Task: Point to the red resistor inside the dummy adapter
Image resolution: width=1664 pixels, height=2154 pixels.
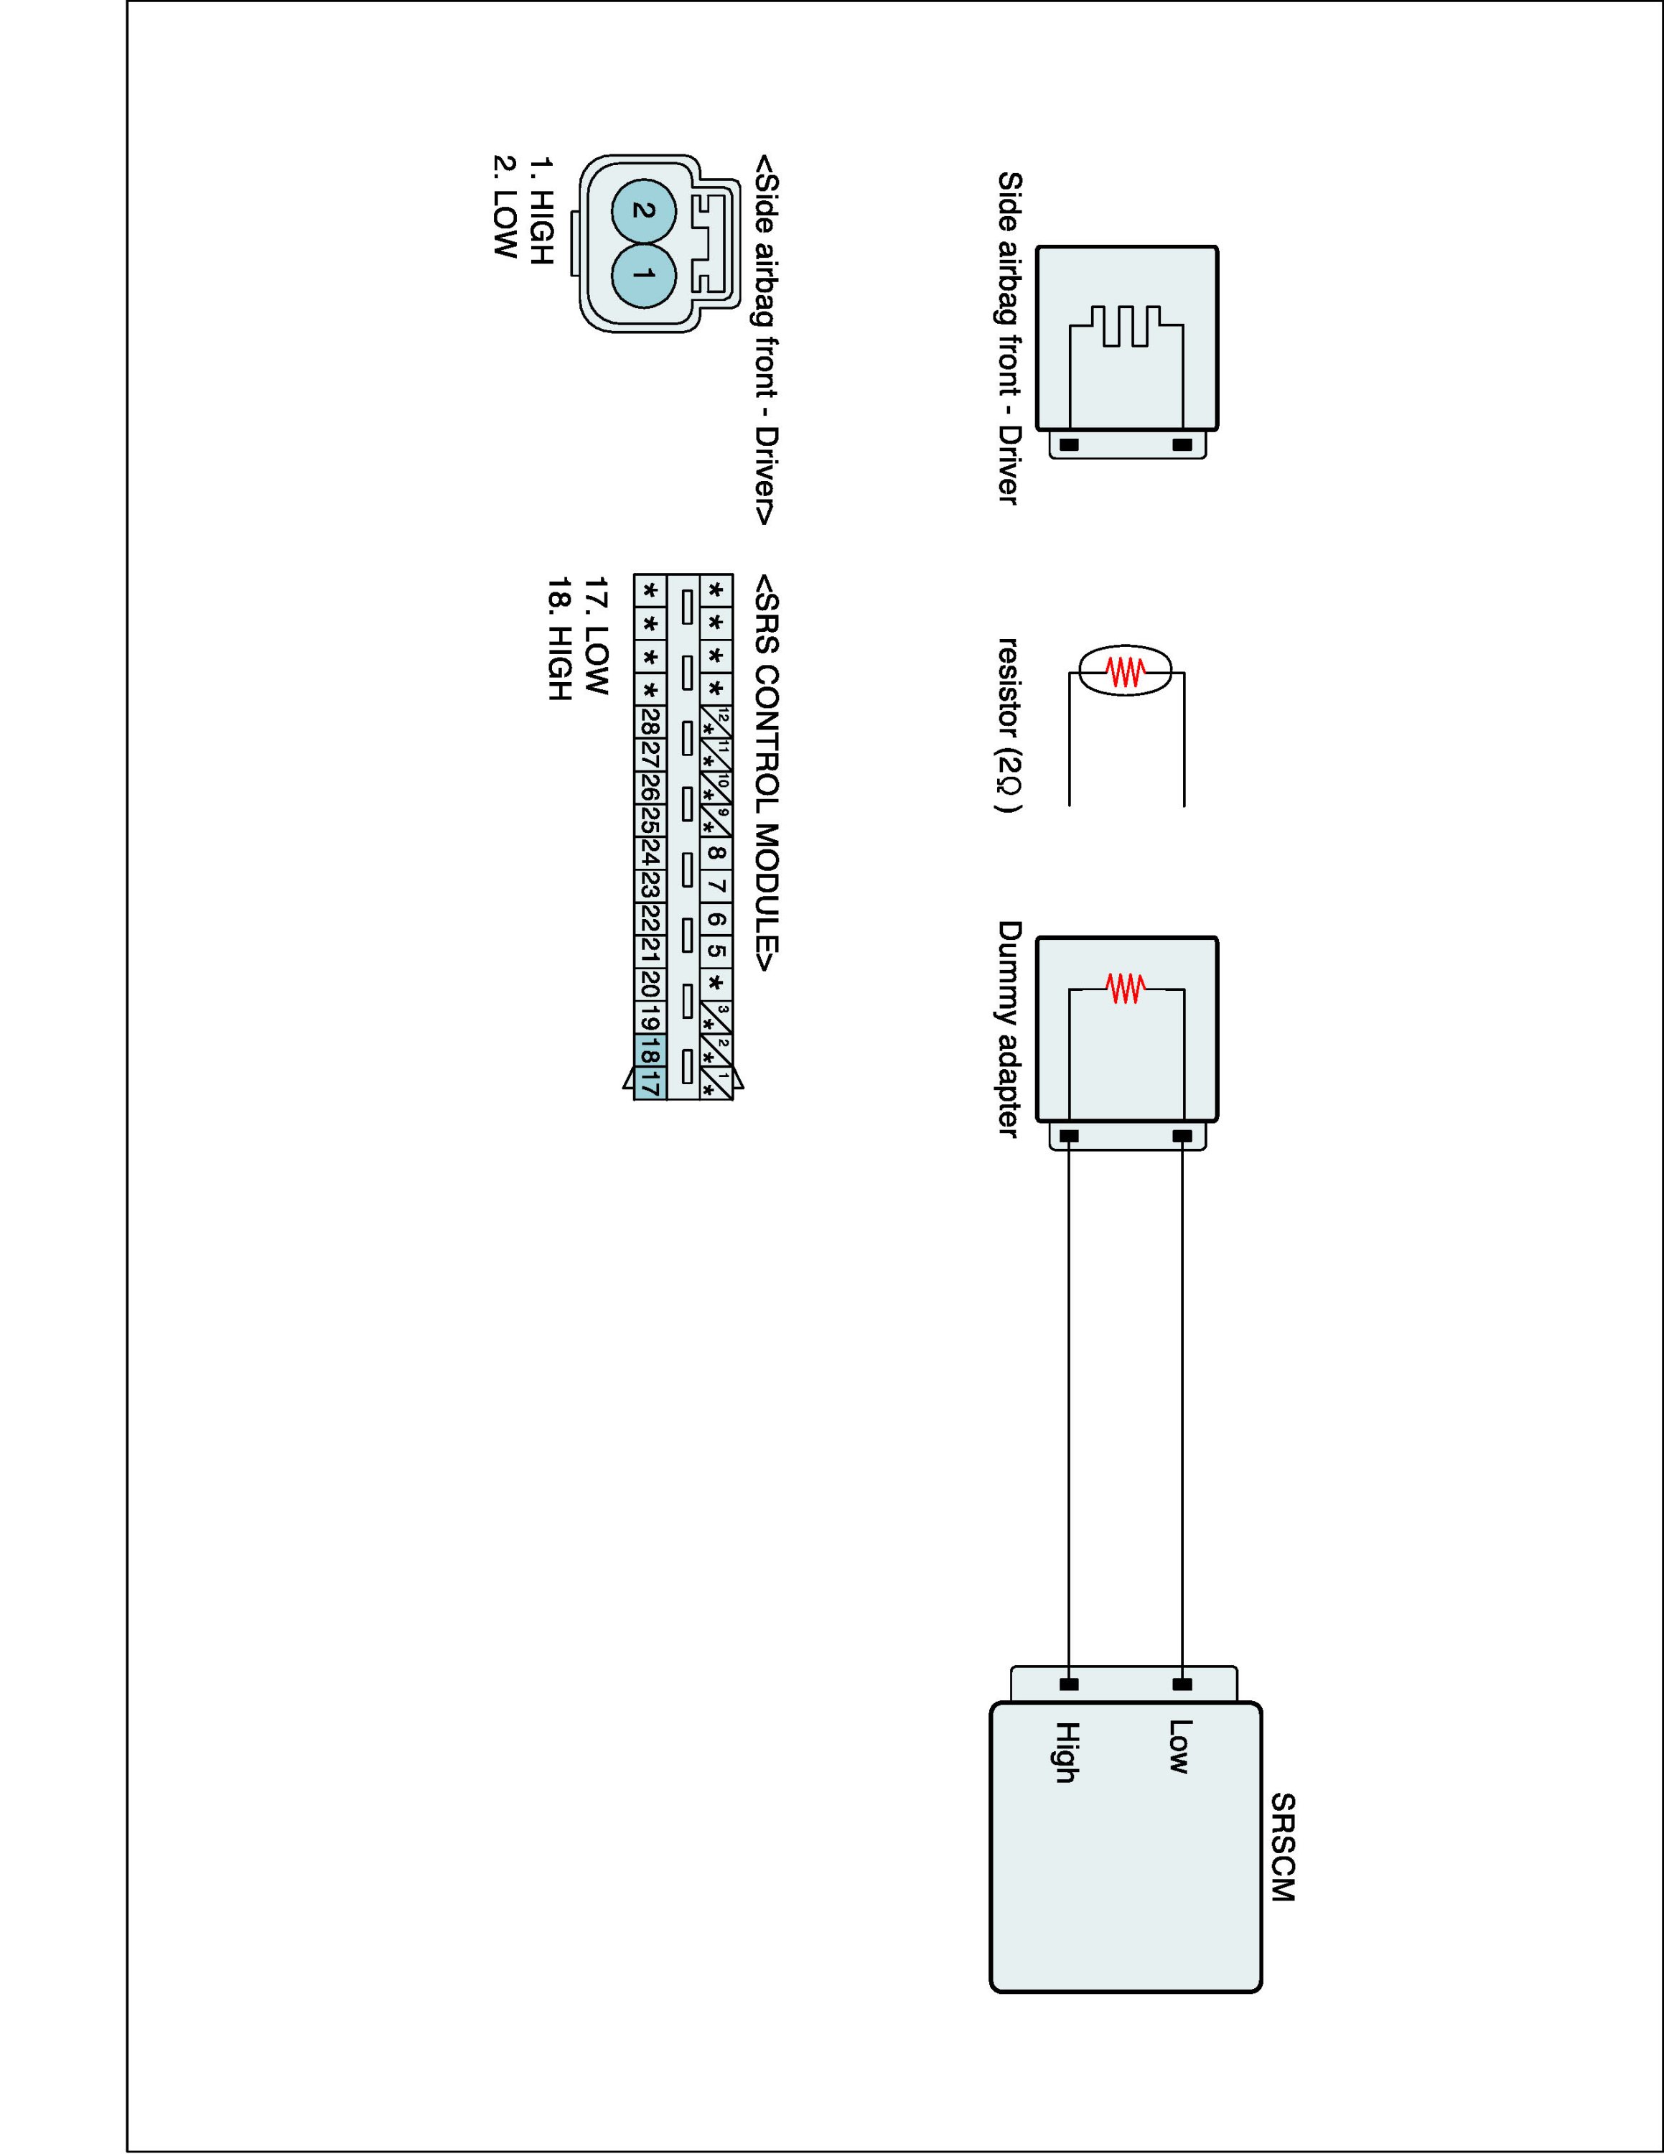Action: click(x=1126, y=987)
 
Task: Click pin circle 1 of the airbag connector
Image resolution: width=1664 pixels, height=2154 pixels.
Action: click(x=642, y=273)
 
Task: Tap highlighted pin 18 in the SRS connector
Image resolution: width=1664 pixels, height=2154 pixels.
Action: click(x=650, y=1051)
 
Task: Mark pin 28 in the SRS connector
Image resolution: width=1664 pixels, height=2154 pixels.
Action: click(x=650, y=721)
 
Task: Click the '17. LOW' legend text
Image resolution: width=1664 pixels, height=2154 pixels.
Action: click(x=597, y=636)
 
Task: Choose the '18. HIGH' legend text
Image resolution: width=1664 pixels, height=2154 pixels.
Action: click(x=559, y=639)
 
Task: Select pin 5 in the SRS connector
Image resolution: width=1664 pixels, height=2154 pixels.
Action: click(x=716, y=952)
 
